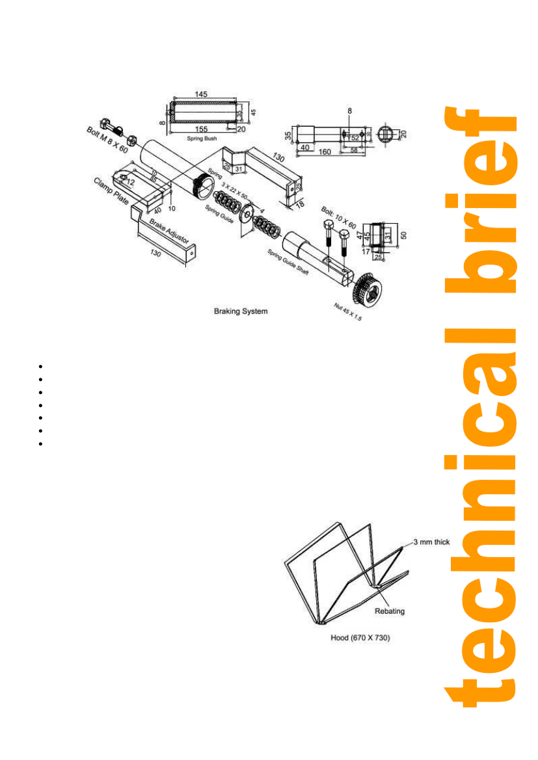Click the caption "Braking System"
[x=241, y=311]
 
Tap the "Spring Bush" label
[x=202, y=138]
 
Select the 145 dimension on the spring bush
[x=200, y=95]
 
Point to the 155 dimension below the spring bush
[x=202, y=129]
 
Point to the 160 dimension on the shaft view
[x=325, y=151]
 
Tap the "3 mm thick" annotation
[x=433, y=542]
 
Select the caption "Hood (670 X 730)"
[x=360, y=638]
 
